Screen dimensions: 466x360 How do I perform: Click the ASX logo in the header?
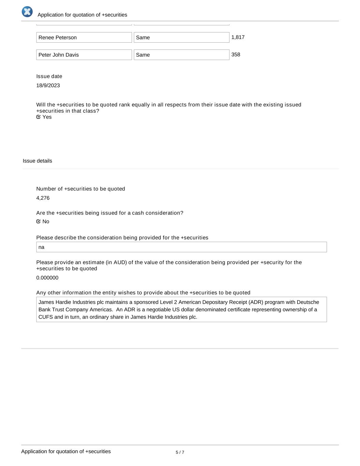coord(27,12)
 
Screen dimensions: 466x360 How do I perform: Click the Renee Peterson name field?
coord(84,38)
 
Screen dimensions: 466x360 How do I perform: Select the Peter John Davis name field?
coord(84,55)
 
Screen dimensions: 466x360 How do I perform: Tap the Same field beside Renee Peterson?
coord(181,38)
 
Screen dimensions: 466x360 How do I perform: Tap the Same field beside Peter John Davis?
coord(181,55)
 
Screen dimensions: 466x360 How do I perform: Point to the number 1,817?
coord(238,37)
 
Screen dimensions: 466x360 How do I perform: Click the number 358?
coord(236,55)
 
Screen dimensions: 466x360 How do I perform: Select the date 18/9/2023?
coord(48,85)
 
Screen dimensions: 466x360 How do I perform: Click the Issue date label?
coord(49,76)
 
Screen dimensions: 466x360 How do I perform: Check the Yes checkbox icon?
coord(39,117)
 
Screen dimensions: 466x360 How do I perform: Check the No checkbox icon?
coord(39,221)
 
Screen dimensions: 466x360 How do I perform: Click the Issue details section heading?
coord(38,161)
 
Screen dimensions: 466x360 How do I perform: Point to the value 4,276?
coord(43,198)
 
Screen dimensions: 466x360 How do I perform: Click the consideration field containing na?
coord(181,247)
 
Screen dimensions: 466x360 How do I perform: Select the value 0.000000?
coord(47,278)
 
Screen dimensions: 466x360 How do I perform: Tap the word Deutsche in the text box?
coord(308,302)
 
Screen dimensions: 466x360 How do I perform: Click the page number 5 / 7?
coord(180,452)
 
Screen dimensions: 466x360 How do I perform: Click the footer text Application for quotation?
coord(66,451)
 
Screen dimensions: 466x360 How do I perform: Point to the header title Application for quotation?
coord(82,15)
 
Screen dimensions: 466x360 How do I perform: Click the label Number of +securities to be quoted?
coord(81,189)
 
